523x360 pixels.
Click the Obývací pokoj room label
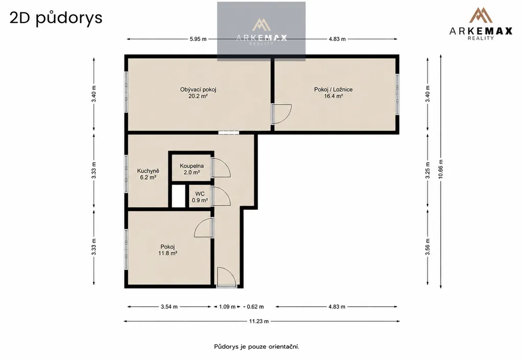point(198,89)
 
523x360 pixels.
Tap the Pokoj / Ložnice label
point(333,89)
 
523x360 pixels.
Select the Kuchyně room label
point(148,171)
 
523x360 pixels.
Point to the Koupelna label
point(192,166)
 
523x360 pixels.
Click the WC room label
point(200,194)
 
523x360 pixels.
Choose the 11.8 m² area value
point(168,253)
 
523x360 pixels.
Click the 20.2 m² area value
point(198,96)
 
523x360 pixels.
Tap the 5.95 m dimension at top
point(198,39)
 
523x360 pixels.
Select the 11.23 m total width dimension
point(259,321)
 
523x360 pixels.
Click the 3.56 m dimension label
point(427,247)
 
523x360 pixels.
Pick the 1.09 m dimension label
point(227,307)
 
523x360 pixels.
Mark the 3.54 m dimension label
point(169,307)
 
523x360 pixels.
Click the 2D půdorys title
point(56,18)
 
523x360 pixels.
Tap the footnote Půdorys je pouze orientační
point(256,347)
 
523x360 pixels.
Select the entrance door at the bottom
point(227,277)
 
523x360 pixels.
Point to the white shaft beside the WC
point(178,196)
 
